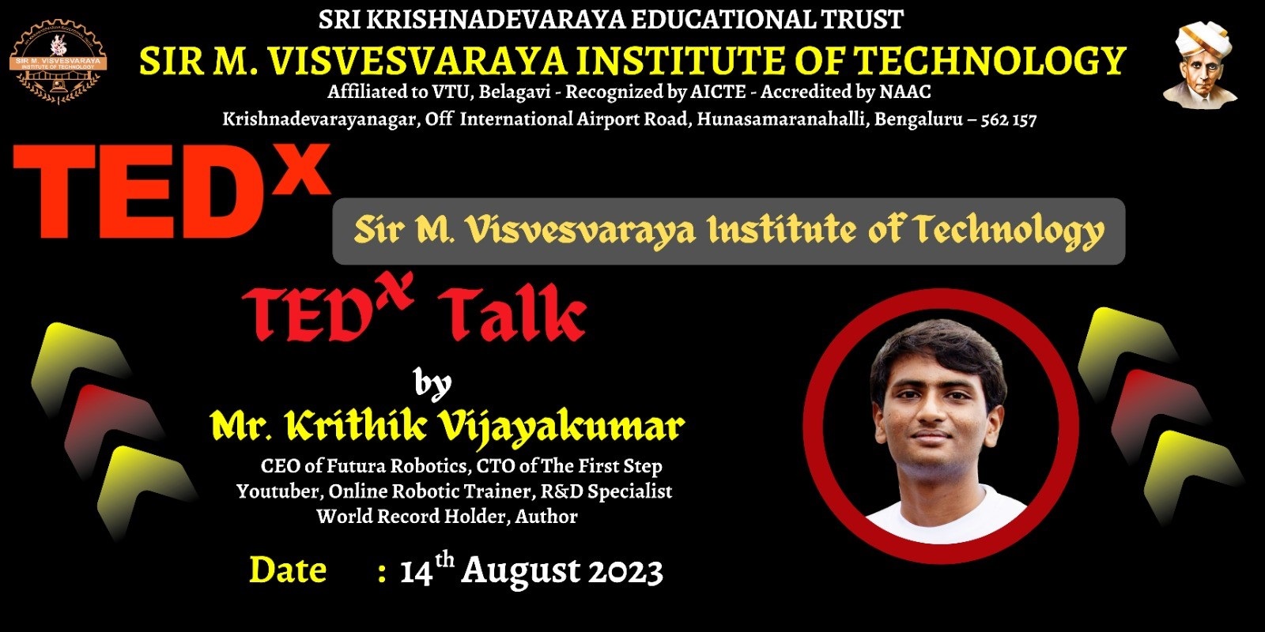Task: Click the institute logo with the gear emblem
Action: [x=58, y=61]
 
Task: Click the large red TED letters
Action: [x=139, y=192]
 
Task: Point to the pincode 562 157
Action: [x=1009, y=120]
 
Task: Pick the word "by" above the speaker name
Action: [x=432, y=385]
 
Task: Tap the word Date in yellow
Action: [x=288, y=570]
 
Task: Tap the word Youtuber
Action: [x=278, y=491]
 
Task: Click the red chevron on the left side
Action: [x=112, y=430]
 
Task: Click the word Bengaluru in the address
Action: [x=918, y=120]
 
